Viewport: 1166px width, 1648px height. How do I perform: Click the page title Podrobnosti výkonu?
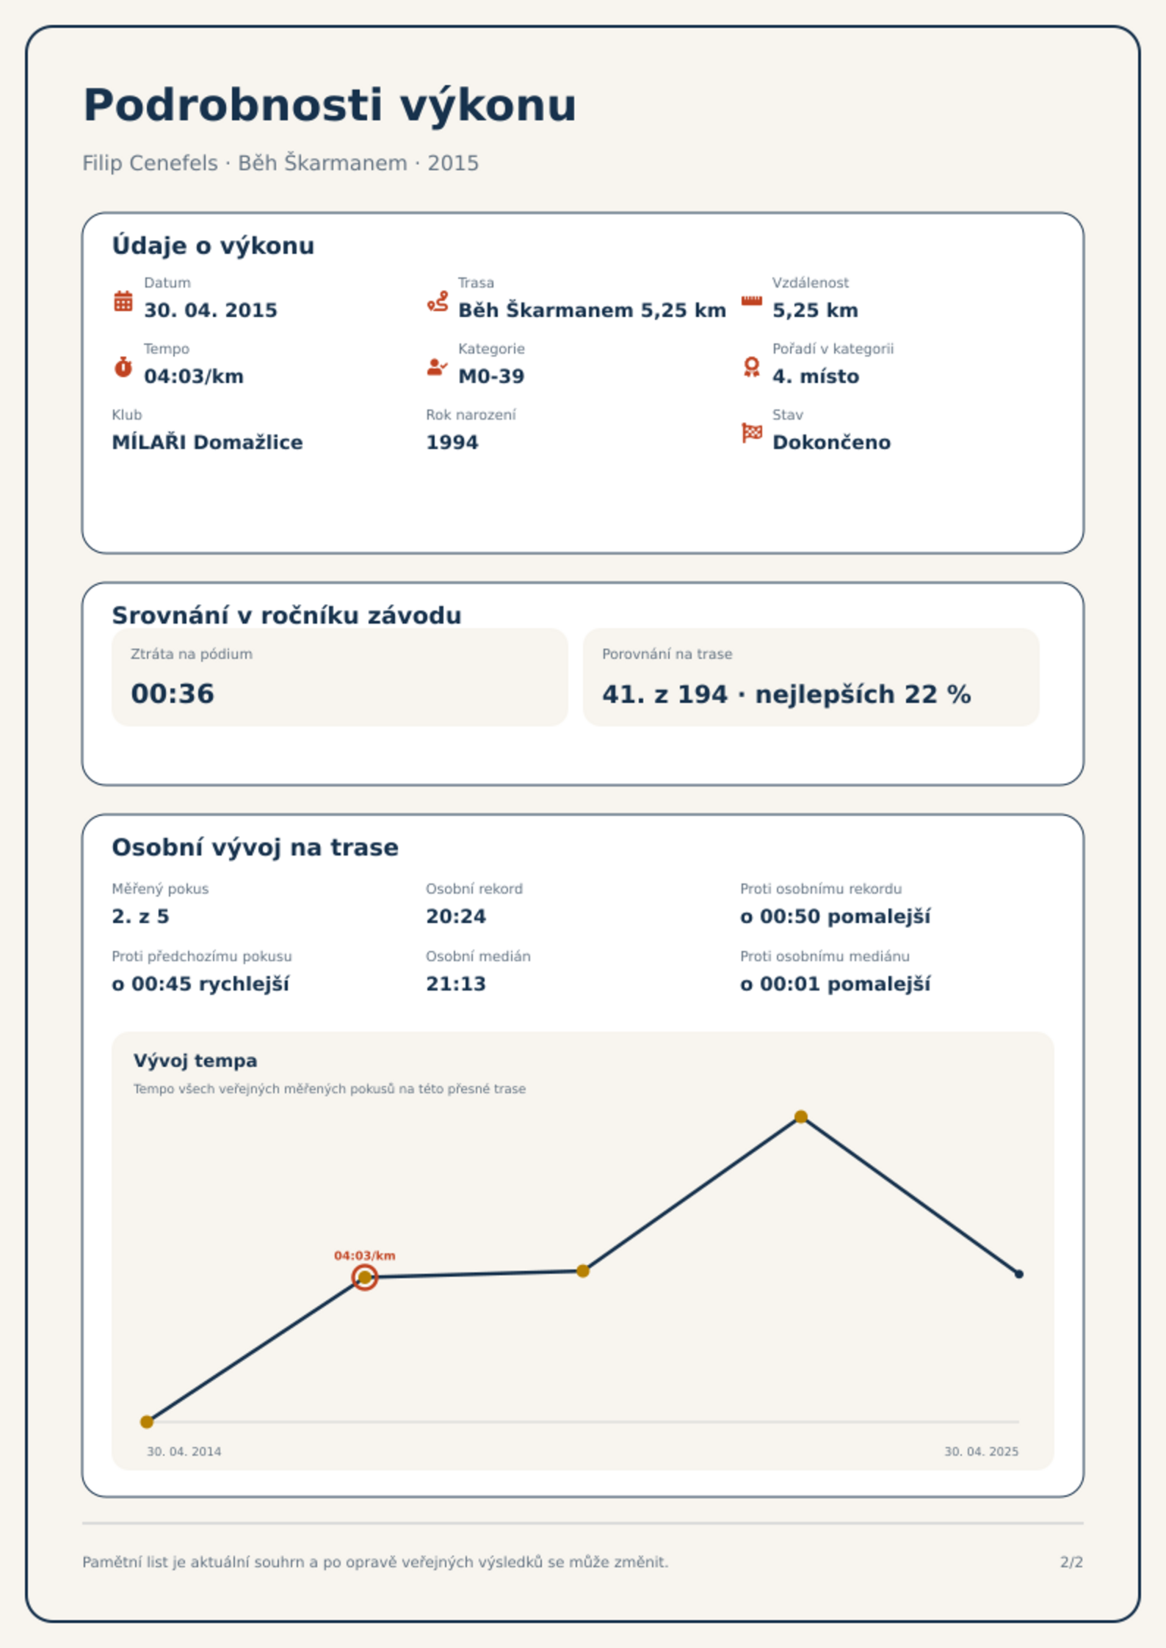(x=330, y=106)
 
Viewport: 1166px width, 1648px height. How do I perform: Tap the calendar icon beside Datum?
(x=123, y=301)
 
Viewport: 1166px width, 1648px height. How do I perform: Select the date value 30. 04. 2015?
(x=211, y=310)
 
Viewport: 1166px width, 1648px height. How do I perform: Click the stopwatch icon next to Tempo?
(x=123, y=367)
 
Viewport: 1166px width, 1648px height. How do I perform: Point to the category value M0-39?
(x=491, y=376)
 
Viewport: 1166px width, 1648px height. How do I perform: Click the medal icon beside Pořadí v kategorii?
(x=751, y=367)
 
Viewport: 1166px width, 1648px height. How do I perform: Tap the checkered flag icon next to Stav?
(x=752, y=433)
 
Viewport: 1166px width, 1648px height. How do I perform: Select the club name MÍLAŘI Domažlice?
(x=207, y=442)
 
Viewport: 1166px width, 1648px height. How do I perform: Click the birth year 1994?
(x=452, y=442)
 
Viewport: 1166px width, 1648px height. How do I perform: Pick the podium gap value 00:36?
(x=173, y=693)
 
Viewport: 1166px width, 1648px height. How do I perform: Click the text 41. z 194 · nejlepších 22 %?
(x=786, y=694)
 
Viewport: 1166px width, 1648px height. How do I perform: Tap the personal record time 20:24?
(x=456, y=916)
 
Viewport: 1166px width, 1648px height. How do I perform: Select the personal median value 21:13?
(x=456, y=984)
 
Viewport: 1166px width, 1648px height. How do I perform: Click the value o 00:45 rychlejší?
(x=200, y=984)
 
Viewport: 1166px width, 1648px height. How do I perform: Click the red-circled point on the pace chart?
(x=364, y=1277)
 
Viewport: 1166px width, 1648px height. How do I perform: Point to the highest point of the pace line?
(x=801, y=1117)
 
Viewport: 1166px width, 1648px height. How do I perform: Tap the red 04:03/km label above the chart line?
(x=365, y=1255)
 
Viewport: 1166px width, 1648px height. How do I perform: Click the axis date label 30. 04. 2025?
(x=981, y=1451)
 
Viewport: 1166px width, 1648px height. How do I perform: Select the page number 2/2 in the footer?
(x=1071, y=1562)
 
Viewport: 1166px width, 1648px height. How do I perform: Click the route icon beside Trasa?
(x=438, y=301)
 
